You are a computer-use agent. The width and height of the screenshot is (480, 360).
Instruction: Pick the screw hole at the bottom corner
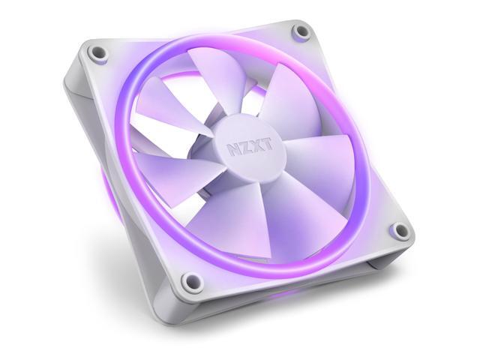192,281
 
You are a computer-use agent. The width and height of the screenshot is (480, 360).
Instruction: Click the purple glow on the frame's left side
102,187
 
